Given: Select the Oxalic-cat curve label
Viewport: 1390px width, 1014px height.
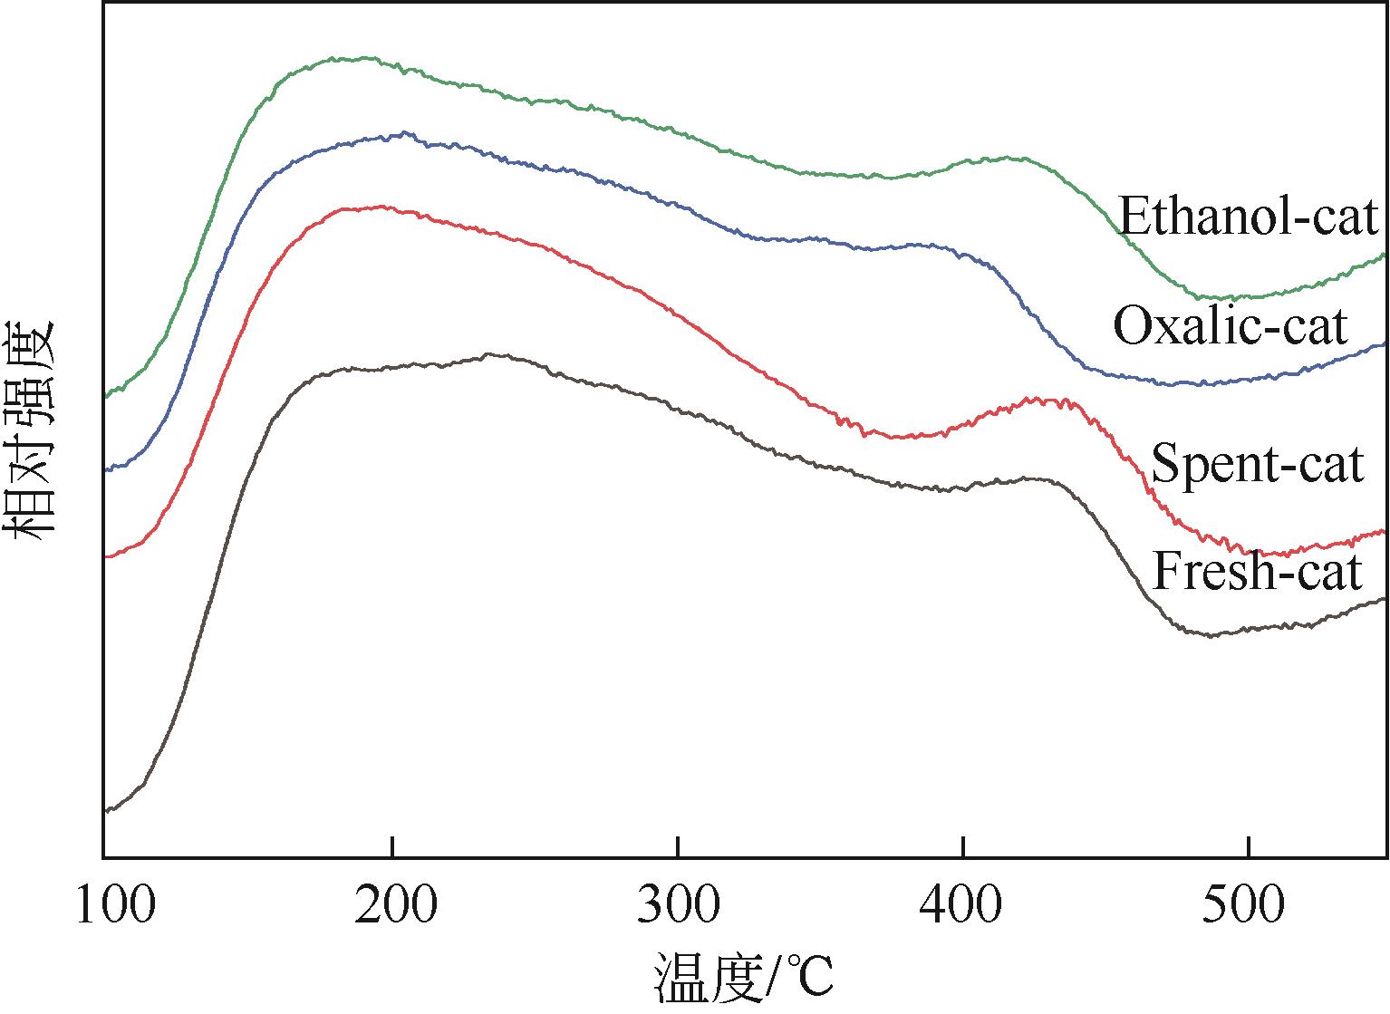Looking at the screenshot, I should tap(1230, 326).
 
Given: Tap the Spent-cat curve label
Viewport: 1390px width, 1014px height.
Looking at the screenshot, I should tap(1257, 465).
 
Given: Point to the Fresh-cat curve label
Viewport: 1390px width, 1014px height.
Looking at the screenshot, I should tap(1257, 572).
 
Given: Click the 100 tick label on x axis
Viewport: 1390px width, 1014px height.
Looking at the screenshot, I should tap(115, 907).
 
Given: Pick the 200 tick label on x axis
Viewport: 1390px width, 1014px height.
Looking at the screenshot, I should tap(391, 907).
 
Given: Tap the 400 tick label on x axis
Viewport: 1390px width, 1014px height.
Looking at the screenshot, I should tap(962, 907).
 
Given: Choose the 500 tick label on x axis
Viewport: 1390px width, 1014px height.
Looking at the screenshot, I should tap(1248, 907).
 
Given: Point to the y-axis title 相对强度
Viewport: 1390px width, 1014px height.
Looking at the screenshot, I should tap(33, 430).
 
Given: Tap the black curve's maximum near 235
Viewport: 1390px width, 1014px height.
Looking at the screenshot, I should tap(489, 354).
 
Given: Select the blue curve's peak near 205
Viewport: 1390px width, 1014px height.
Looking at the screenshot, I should tap(403, 133).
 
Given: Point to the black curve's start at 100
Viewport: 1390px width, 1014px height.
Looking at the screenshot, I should tap(107, 810).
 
